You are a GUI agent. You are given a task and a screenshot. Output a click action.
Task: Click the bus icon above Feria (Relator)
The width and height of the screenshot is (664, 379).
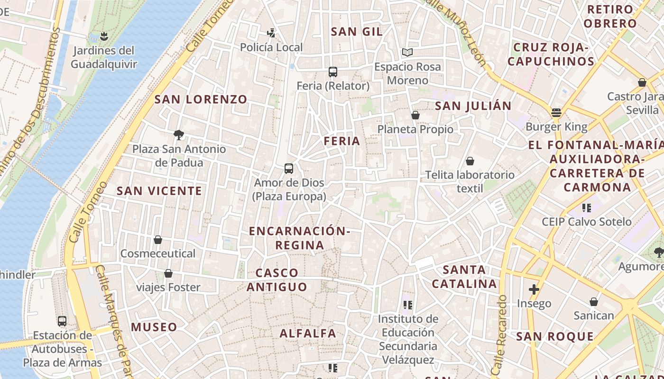(x=333, y=72)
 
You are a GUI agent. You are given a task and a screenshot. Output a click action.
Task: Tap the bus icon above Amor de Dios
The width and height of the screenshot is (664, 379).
(x=288, y=168)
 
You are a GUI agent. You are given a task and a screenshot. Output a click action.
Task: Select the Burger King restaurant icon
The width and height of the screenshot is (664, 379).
(x=556, y=113)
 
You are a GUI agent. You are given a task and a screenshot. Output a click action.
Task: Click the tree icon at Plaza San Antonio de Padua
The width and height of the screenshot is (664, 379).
(x=179, y=135)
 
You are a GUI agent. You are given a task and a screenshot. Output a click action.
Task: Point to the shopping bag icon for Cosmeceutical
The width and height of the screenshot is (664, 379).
(x=158, y=240)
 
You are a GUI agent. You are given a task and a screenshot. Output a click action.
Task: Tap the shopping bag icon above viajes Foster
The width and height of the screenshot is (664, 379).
(x=168, y=273)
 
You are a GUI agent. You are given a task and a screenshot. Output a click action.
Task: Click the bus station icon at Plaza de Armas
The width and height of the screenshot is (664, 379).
(x=62, y=321)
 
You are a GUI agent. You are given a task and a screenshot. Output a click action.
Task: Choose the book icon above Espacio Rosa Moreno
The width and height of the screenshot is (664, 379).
(x=407, y=52)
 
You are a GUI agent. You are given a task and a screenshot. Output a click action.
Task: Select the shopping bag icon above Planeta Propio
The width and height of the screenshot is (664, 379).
(x=415, y=115)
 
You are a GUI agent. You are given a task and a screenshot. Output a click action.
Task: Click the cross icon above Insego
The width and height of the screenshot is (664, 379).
(x=534, y=289)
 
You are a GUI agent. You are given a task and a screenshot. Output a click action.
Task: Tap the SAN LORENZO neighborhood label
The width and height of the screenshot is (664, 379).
(x=201, y=99)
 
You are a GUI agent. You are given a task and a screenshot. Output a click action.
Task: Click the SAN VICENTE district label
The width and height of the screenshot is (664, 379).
(x=159, y=191)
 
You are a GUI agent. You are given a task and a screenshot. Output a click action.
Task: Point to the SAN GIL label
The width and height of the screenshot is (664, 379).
(x=357, y=32)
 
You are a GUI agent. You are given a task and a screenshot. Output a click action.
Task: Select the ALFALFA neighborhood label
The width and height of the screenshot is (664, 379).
(x=308, y=333)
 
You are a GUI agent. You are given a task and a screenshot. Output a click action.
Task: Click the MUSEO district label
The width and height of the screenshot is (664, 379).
(x=154, y=327)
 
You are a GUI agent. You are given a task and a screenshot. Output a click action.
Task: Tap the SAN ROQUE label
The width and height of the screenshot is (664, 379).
(x=555, y=336)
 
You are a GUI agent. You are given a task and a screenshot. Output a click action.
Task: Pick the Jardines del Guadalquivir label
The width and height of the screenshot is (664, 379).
(x=103, y=57)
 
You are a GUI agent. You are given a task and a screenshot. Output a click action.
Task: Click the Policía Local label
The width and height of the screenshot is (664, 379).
(x=271, y=47)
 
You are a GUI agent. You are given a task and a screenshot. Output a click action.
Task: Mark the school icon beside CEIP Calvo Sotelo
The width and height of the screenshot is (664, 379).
(x=587, y=208)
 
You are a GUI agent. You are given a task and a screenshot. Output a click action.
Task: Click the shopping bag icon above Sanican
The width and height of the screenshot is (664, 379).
(x=594, y=302)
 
